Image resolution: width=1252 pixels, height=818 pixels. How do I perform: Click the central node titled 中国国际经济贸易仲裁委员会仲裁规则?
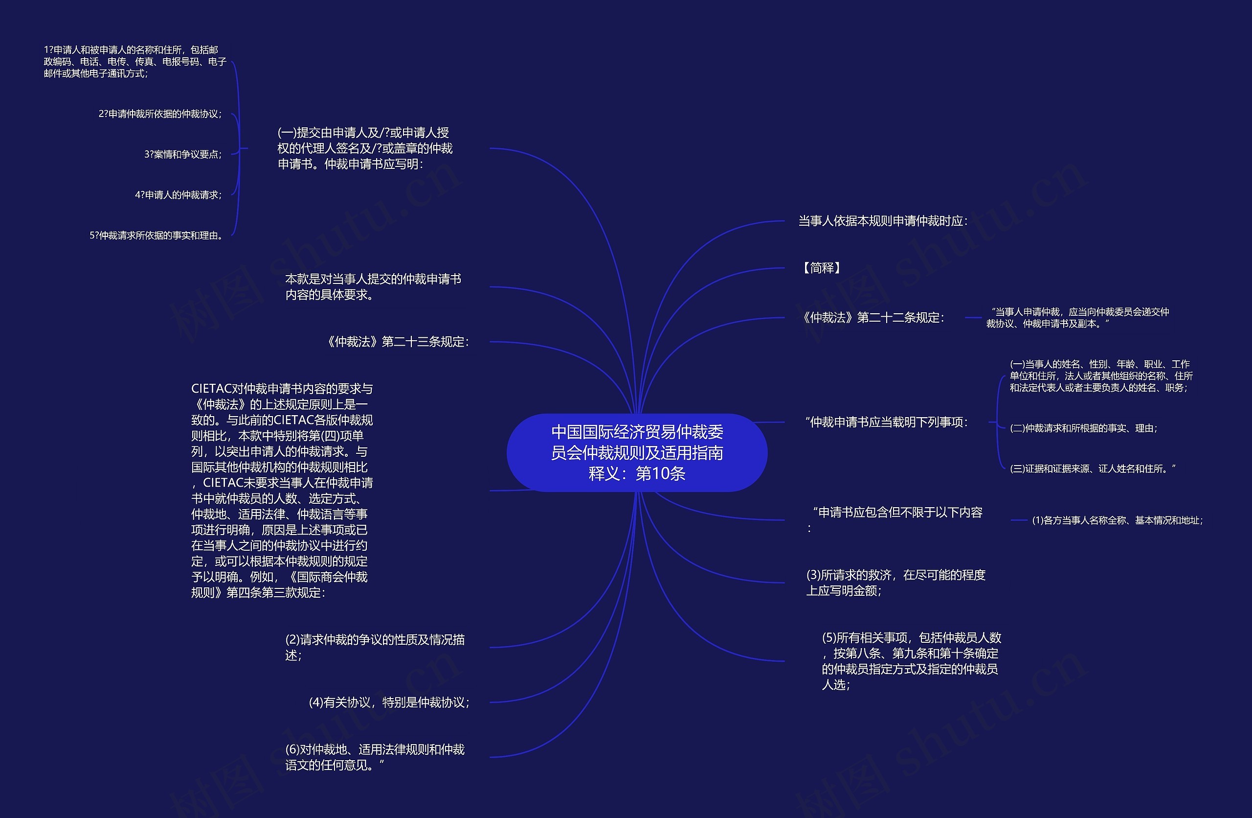coord(637,453)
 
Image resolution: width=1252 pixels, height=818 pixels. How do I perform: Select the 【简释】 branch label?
coord(821,268)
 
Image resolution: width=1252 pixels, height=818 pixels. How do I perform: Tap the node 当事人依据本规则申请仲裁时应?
coord(883,221)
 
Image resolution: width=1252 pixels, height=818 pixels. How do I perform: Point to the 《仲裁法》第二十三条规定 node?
coord(397,342)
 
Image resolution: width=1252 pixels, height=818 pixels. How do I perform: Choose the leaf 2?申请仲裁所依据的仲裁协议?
coord(160,114)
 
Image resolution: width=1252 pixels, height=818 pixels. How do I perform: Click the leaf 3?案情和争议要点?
coord(182,154)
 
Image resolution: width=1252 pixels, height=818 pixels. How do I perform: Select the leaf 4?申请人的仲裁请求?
coord(178,195)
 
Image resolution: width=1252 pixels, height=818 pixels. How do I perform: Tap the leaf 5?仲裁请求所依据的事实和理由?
coord(156,235)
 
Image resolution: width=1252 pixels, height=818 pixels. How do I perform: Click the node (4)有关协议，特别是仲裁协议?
coord(389,702)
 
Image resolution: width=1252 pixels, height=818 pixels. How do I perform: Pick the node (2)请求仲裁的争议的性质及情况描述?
coord(375,647)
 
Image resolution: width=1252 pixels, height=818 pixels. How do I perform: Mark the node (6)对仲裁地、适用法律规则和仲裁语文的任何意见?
coord(375,757)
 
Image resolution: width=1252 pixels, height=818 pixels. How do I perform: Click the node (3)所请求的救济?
coord(895,582)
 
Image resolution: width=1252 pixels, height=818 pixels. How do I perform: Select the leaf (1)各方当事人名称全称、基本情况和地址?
coord(1118,520)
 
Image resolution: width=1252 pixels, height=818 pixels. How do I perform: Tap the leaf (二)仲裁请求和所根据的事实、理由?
coord(1083,428)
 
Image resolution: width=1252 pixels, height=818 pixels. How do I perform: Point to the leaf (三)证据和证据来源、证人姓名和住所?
coord(1092,468)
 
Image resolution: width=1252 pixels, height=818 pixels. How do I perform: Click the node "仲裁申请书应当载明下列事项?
coord(886,422)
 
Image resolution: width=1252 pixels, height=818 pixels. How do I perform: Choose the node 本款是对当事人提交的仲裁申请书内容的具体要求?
coord(373,286)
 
